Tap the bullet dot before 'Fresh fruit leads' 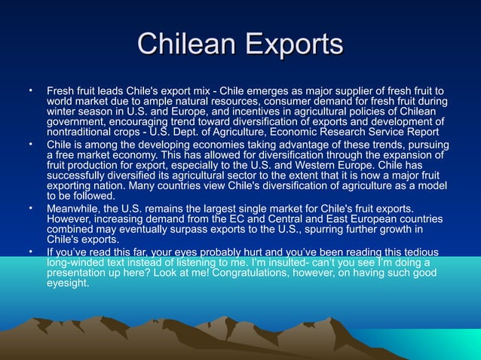(30, 90)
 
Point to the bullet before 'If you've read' (30, 252)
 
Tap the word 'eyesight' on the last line (68, 284)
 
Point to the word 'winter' (63, 112)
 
